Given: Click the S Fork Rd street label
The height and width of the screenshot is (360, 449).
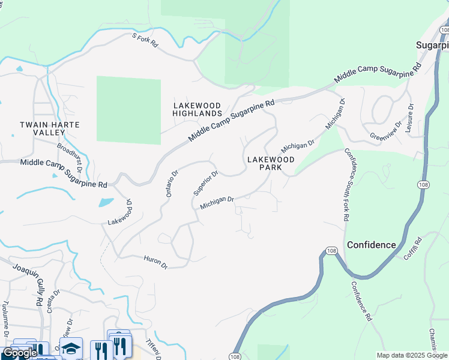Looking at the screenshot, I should coord(144,40).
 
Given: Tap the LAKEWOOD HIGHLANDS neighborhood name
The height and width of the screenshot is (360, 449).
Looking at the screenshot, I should coord(197,109).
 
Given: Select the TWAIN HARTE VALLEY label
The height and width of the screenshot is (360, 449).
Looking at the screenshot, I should coord(49,128).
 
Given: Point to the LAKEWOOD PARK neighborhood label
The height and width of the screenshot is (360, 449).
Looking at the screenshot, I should coord(271,164).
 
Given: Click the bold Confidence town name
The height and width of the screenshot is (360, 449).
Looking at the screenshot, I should coord(372,245).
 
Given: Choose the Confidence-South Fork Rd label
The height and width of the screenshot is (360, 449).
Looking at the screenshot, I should coord(346,186).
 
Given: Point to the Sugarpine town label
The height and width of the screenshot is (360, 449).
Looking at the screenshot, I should coord(433,46).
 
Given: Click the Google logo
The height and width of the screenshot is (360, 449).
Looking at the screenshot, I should coord(20,353).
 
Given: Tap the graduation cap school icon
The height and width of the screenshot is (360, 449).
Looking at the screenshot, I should coord(71,349).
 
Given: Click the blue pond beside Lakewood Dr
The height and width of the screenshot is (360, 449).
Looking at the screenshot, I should coord(105,202).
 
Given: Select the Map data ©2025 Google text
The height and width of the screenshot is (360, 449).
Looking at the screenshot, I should coord(412,355).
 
